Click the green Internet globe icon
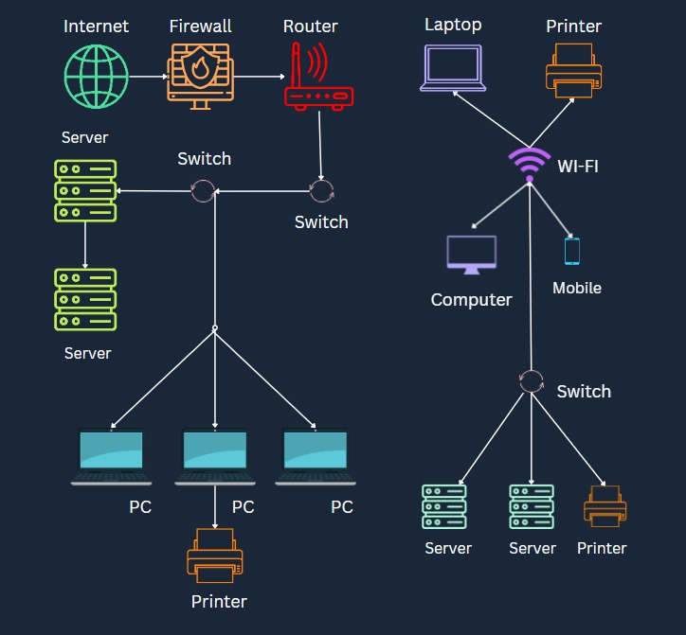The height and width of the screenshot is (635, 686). point(96,77)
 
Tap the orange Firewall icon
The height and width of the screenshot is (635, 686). point(199,77)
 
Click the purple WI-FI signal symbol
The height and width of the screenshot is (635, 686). point(529,164)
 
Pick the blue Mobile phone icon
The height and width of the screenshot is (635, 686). point(572,251)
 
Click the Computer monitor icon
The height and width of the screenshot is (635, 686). point(472,255)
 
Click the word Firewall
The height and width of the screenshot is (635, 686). point(200,26)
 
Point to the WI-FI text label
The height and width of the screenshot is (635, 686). point(578,167)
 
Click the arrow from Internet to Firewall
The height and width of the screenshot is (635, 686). point(147,77)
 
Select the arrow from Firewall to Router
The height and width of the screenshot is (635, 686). point(258,77)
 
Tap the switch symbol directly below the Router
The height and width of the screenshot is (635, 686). point(323,191)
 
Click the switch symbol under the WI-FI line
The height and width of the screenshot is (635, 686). point(532,381)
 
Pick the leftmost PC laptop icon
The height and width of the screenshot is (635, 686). point(112,456)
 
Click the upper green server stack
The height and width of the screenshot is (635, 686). point(85,190)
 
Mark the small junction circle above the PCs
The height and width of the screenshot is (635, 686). point(215,328)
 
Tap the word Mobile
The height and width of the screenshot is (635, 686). point(577,288)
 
